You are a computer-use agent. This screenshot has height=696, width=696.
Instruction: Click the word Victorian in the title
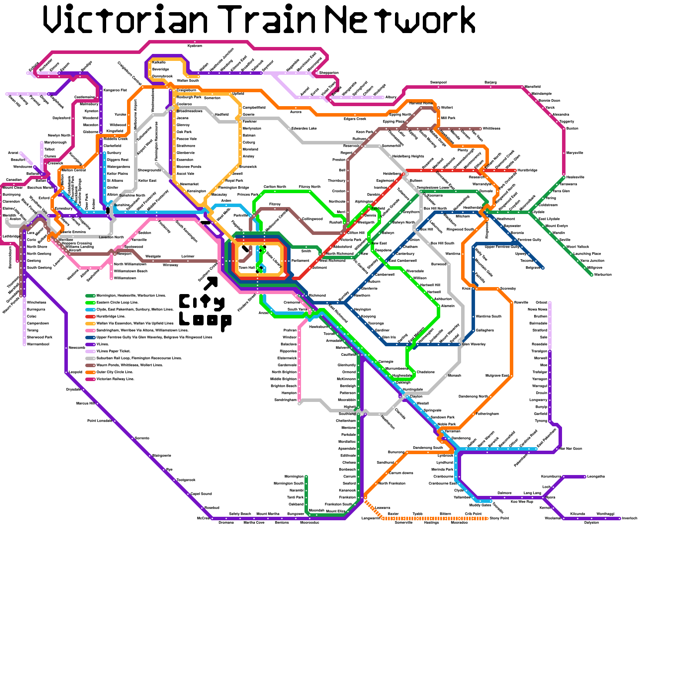tap(126, 20)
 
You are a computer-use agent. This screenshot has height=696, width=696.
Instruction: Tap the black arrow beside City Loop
tap(211, 283)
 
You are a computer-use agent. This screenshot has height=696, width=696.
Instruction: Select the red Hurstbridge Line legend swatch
tap(90, 316)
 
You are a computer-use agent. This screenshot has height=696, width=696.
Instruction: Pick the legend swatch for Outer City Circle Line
tap(90, 372)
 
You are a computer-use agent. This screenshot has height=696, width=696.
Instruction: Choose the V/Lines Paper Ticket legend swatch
tap(90, 351)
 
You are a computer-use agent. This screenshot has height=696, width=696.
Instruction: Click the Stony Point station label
tap(499, 518)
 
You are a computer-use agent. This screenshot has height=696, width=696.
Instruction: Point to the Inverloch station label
tap(629, 518)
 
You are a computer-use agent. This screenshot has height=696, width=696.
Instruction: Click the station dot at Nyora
tap(543, 497)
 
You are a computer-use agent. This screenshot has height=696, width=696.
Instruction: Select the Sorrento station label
tap(142, 438)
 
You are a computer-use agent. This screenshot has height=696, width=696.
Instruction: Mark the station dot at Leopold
tap(67, 372)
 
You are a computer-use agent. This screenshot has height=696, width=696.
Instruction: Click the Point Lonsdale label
tap(100, 421)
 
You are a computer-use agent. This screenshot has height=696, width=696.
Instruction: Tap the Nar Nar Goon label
tap(571, 448)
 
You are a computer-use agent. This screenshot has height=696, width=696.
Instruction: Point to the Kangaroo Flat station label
tap(115, 90)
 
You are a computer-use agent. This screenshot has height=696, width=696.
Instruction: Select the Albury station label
tap(391, 97)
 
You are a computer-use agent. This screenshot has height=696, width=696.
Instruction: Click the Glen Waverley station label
tap(474, 344)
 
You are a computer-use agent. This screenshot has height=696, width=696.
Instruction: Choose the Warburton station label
tap(603, 274)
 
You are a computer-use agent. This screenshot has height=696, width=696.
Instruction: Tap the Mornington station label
tap(294, 476)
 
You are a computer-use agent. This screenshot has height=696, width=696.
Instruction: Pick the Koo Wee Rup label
tap(522, 502)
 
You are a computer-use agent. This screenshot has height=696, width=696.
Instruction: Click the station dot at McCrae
tap(212, 518)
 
